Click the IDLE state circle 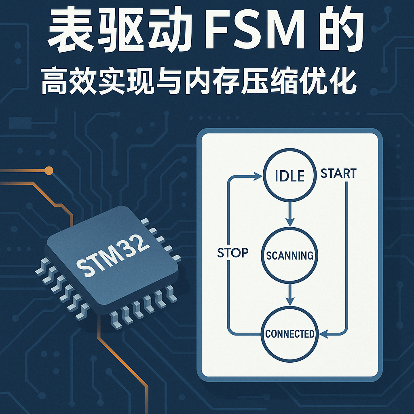pyautogui.click(x=289, y=176)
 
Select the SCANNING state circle pyautogui.click(x=289, y=255)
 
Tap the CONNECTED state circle pyautogui.click(x=289, y=334)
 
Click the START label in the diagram pyautogui.click(x=338, y=173)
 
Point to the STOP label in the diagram pyautogui.click(x=233, y=253)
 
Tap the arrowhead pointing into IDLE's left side pyautogui.click(x=257, y=176)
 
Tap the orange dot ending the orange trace pyautogui.click(x=49, y=170)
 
